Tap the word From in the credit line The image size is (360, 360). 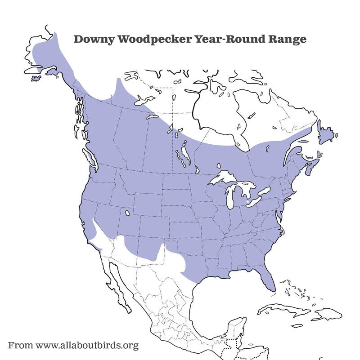(20, 346)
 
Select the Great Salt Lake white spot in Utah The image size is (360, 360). (128, 213)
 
